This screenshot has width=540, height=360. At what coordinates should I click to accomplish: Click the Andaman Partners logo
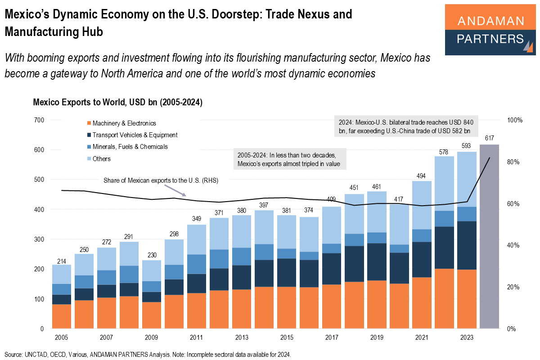pos(490,30)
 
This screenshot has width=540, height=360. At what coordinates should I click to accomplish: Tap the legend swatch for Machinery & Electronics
pos(89,123)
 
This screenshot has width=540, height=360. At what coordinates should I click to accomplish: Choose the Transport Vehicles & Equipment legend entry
pos(135,135)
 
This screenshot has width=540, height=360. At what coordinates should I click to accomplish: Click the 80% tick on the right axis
pos(513,162)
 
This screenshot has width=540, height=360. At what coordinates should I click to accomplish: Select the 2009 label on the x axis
pos(152,337)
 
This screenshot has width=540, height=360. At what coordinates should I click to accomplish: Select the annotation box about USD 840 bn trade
pos(406,126)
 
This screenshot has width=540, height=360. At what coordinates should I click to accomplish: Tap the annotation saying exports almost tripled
pos(290,159)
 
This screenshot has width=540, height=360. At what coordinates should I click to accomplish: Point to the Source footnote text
pos(148,355)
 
